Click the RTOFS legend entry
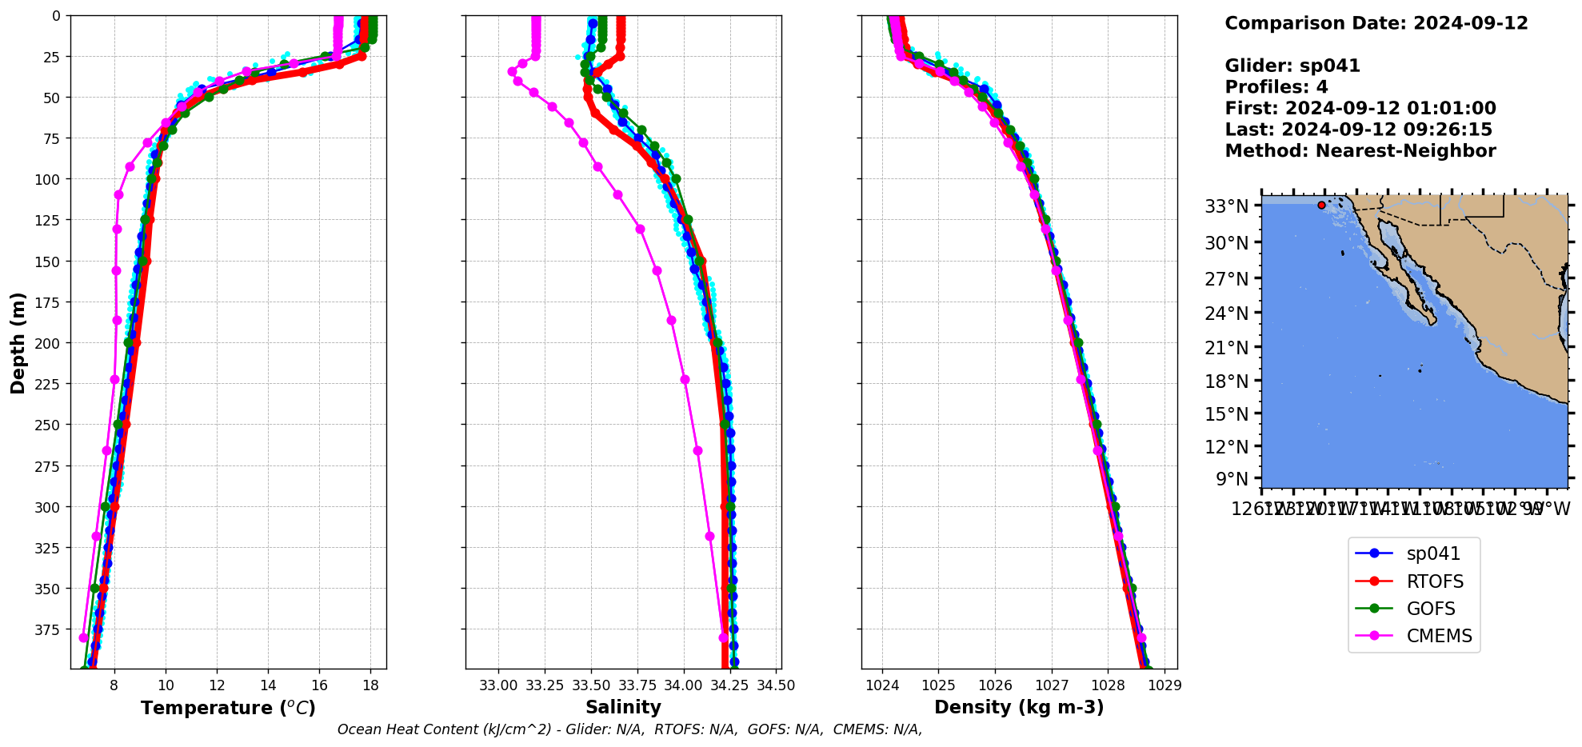tap(1434, 581)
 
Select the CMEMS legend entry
tap(1438, 636)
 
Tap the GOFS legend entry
tap(1430, 609)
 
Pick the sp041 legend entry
tap(1432, 553)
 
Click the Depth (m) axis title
tap(18, 342)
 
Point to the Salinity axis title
tap(623, 707)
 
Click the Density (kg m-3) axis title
tap(1019, 707)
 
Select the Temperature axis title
tap(228, 708)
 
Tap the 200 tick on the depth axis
tap(50, 343)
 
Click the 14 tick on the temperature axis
tap(268, 685)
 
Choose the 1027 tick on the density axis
tap(1052, 685)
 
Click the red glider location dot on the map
tap(1321, 206)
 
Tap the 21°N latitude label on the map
tap(1226, 348)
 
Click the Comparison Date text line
tap(1376, 23)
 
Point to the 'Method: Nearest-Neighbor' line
tap(1360, 151)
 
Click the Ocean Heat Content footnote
tap(629, 729)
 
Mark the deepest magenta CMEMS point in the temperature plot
tap(83, 637)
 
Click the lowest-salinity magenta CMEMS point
tap(512, 71)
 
